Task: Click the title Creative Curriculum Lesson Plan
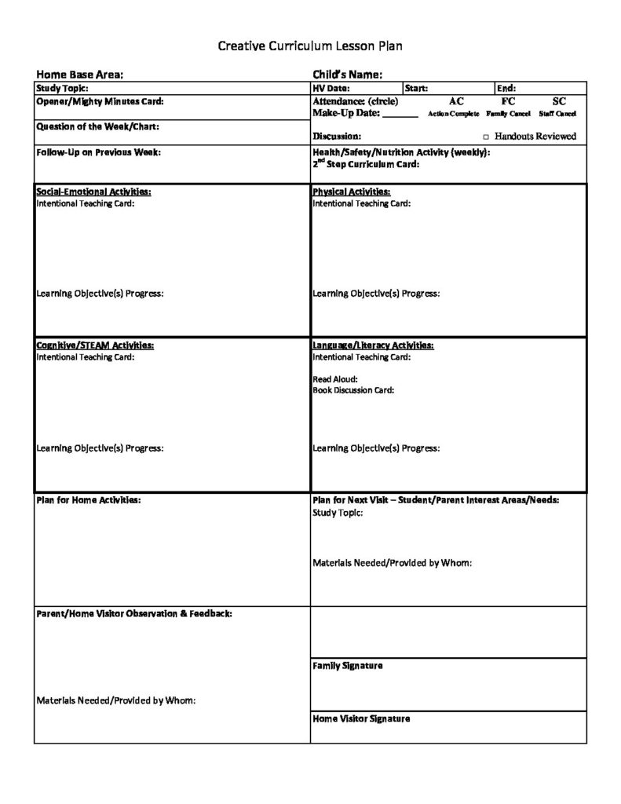(309, 46)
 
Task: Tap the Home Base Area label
(80, 75)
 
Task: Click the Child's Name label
(348, 75)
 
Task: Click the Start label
(416, 89)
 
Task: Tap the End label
(506, 89)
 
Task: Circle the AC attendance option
(456, 101)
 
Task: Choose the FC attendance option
(508, 101)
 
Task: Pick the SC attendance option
(559, 101)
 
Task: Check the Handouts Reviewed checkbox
(486, 137)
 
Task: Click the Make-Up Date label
(346, 113)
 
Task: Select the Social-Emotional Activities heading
(94, 192)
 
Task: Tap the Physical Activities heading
(352, 192)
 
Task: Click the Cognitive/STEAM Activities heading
(95, 345)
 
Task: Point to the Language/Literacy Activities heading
(373, 345)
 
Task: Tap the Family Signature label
(348, 666)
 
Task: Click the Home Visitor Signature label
(361, 718)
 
